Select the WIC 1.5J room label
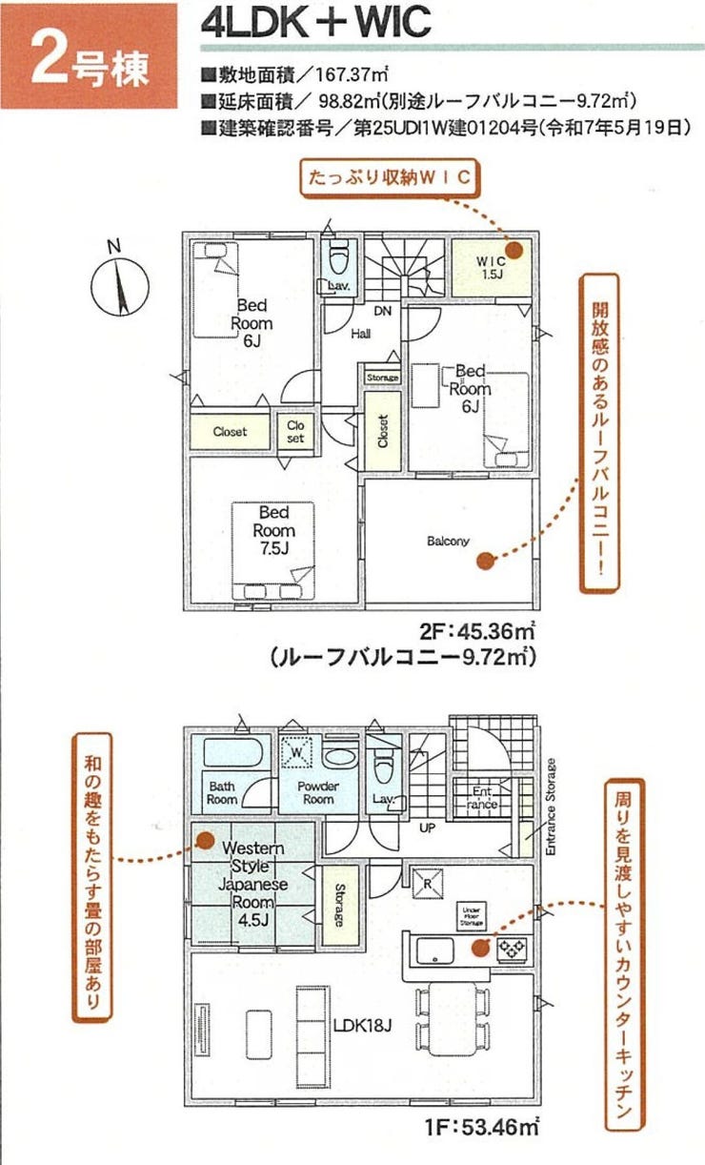(x=490, y=268)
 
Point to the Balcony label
(x=448, y=542)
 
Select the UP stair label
(x=427, y=828)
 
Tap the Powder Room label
(x=318, y=793)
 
